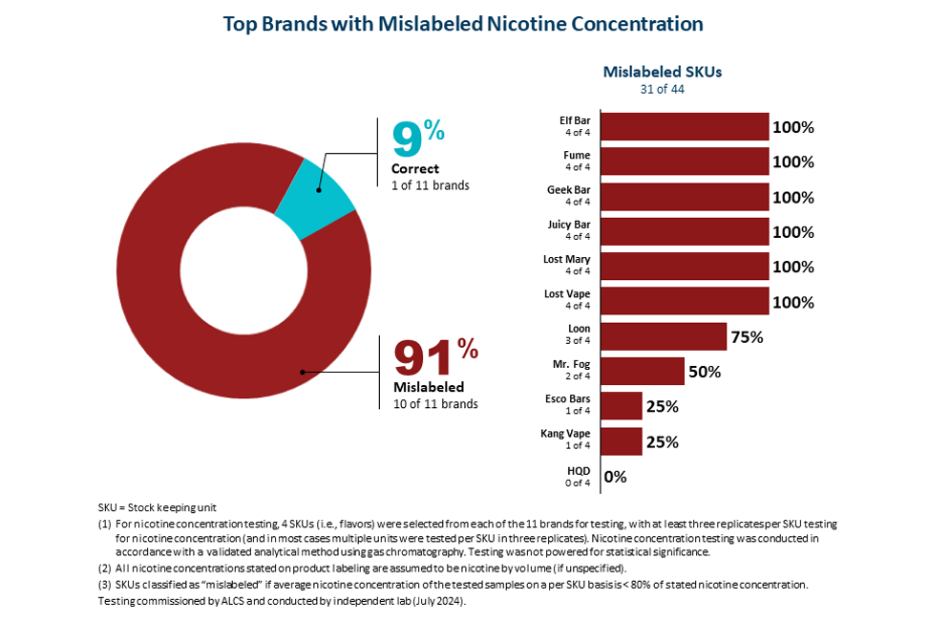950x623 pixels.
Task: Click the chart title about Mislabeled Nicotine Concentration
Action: (x=463, y=24)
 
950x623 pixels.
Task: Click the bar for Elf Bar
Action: (x=684, y=127)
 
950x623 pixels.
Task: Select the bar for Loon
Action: (x=663, y=336)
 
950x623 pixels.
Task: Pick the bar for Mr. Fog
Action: (x=642, y=372)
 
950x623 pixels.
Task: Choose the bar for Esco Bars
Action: (x=621, y=406)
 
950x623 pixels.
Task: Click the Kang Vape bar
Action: (x=621, y=441)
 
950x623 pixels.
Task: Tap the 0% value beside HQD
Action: (x=615, y=477)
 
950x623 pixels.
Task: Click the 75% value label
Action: (x=747, y=336)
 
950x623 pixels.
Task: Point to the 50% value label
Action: (x=705, y=372)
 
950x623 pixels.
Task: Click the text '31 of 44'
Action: (x=662, y=90)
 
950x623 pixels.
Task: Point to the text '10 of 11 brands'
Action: (x=435, y=404)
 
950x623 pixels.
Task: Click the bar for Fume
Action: (x=684, y=161)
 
